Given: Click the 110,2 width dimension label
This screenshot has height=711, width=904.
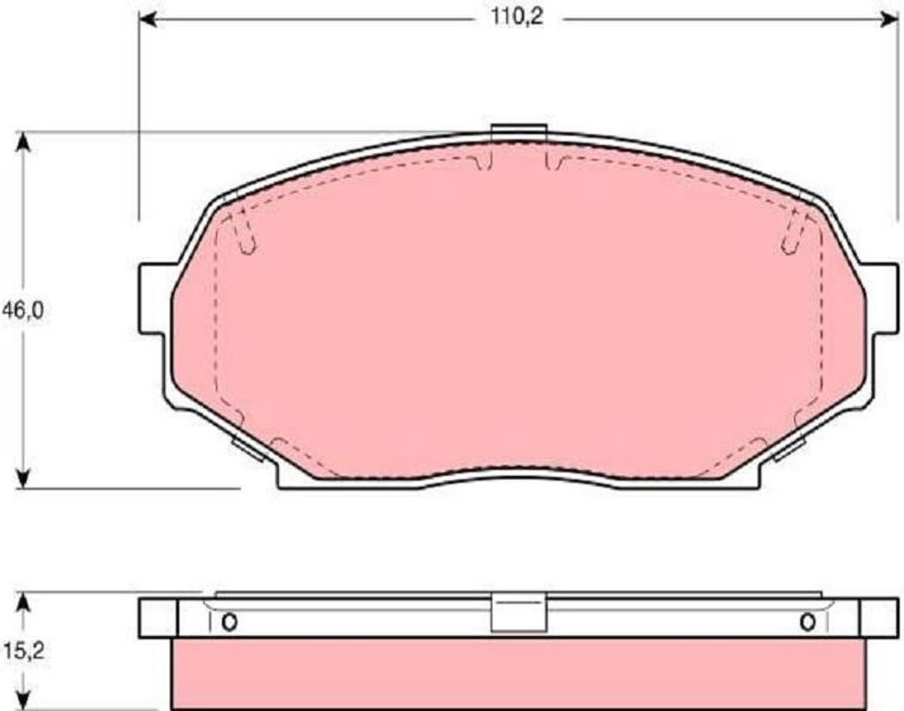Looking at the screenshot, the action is tap(517, 18).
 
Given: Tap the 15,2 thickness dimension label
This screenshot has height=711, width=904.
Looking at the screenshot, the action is tap(24, 651).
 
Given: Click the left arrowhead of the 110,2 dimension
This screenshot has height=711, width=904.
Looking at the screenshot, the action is tap(148, 20).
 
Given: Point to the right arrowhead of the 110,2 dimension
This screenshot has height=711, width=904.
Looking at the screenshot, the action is tap(890, 20).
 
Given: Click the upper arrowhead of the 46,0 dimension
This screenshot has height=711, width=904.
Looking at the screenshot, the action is tap(22, 142).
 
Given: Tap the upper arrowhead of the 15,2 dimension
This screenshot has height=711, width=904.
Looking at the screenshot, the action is tap(22, 602).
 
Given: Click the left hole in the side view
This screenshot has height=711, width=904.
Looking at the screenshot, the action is tap(229, 622).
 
